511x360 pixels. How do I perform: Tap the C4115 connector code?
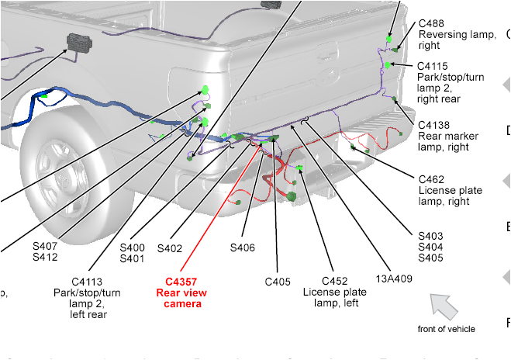coord(432,67)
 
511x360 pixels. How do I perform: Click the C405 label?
coord(278,282)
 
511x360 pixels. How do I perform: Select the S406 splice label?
coord(243,248)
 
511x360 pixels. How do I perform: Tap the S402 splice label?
coord(169,248)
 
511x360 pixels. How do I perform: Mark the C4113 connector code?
coord(87,282)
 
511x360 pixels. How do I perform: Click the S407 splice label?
coord(45,246)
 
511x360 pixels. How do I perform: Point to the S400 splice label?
coord(132,248)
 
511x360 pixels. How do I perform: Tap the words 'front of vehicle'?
coord(446,329)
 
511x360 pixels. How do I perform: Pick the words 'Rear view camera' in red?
coord(182,298)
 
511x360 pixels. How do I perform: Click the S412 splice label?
coord(45,257)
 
